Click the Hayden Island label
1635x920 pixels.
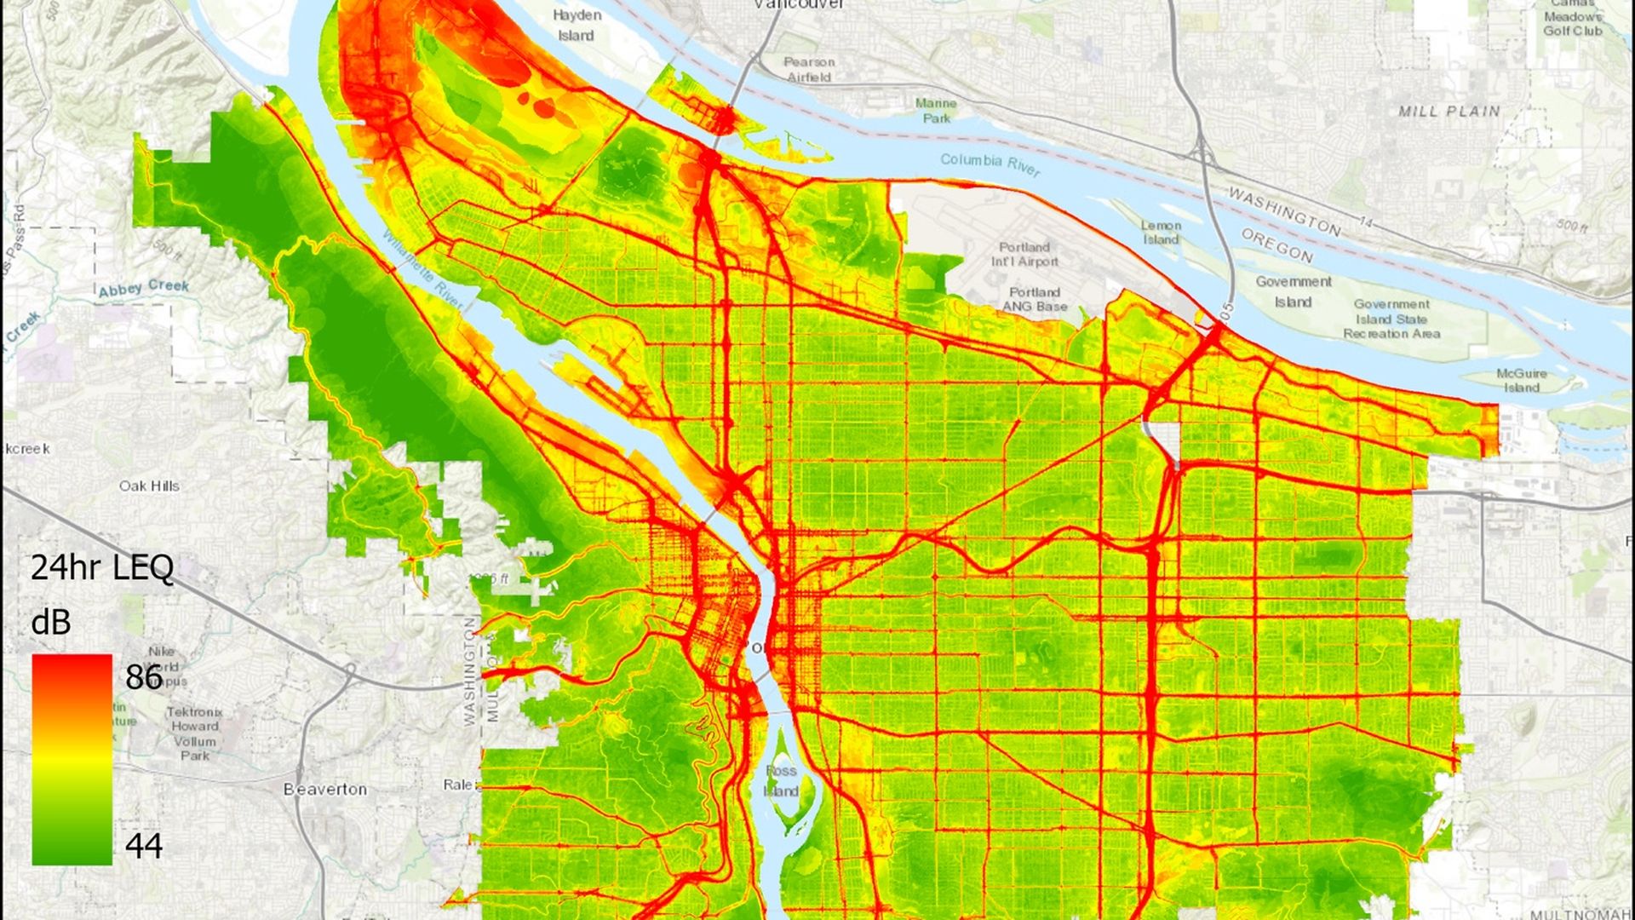pos(577,26)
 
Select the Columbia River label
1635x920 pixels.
pos(990,164)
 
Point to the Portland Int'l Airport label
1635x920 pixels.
pos(1025,254)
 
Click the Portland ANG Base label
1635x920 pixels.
pos(1034,299)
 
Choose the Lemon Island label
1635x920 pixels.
pos(1161,233)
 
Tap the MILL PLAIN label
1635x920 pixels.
pos(1449,112)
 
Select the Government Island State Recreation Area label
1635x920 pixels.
pos(1391,319)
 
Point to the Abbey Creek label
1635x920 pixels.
pos(144,288)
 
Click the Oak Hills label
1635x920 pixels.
pos(149,486)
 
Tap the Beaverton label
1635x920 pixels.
pos(325,790)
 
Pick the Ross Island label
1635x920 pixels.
pos(781,780)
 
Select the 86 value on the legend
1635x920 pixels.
pos(144,677)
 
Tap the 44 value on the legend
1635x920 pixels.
pos(144,845)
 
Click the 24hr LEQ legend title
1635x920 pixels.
pos(102,567)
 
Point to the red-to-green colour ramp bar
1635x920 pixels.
pos(72,759)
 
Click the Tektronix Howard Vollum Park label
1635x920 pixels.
pos(194,733)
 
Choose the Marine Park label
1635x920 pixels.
pos(936,111)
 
